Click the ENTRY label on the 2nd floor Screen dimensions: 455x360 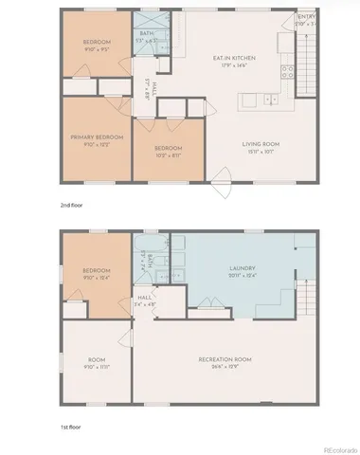point(307,17)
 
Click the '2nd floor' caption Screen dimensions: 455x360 point(69,204)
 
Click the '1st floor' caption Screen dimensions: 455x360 point(68,428)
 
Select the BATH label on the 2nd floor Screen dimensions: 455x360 point(147,33)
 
